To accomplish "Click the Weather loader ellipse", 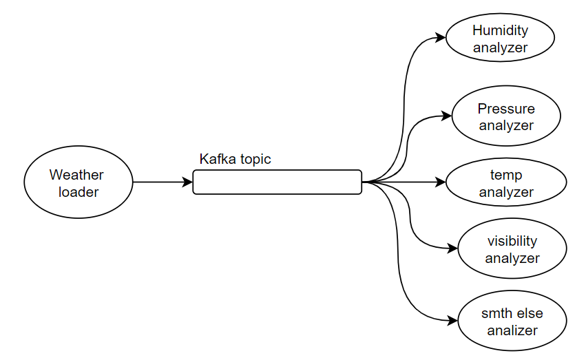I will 78,182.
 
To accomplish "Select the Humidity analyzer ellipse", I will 500,39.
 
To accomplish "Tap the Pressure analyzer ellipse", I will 505,117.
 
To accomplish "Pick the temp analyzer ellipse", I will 506,182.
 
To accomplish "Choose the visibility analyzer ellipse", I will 512,249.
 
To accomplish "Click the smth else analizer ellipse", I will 512,321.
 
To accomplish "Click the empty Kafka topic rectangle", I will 277,182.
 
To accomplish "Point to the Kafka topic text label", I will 235,159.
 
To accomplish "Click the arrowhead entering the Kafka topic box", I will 188,182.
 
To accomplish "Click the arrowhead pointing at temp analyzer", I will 441,182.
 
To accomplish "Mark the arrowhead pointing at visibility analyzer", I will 454,249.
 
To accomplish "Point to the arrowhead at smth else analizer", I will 454,321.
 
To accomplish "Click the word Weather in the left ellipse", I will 76,175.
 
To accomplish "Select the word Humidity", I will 500,31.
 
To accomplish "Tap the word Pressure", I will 506,109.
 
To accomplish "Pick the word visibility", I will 512,242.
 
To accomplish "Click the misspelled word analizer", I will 512,330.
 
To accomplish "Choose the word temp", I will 506,175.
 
